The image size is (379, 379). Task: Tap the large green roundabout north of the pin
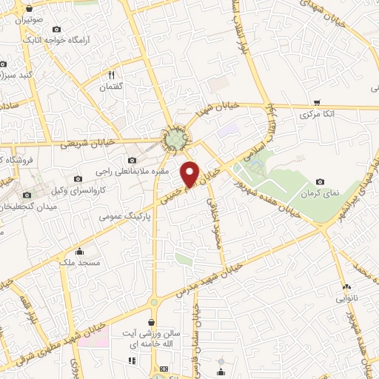176,137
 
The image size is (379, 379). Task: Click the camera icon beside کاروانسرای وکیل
78,178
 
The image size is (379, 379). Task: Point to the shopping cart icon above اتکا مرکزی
317,102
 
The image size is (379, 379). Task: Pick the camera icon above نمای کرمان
319,181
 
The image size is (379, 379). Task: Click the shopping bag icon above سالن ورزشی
152,321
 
